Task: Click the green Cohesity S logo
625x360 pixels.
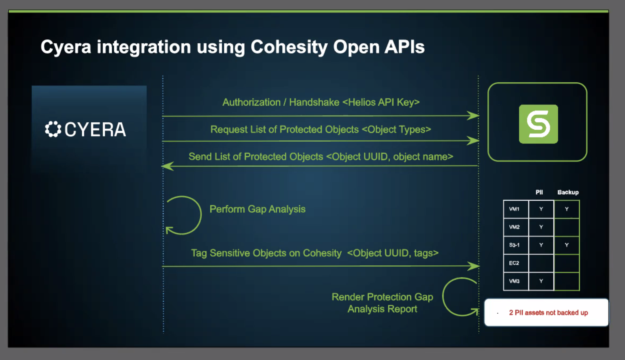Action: point(538,124)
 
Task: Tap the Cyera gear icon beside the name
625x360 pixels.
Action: point(53,129)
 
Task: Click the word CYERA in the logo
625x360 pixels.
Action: point(95,129)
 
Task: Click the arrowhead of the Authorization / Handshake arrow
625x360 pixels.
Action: point(473,116)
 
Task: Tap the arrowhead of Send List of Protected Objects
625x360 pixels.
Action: point(167,166)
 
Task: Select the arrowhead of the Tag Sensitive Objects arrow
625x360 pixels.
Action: point(473,266)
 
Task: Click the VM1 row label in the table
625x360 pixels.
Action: point(514,209)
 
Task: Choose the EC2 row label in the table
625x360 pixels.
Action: point(514,263)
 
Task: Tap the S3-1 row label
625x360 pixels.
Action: point(514,245)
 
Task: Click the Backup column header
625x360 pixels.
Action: point(568,192)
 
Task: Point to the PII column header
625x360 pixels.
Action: point(539,192)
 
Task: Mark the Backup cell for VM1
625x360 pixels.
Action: point(567,209)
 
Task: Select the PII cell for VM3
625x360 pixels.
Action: point(541,281)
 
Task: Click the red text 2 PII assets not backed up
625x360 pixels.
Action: point(548,313)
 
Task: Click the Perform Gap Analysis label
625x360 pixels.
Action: point(257,209)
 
